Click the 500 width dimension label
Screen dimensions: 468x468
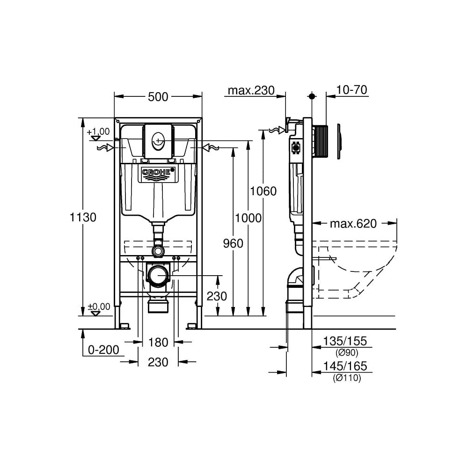pyautogui.click(x=158, y=97)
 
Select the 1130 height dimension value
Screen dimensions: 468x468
pyautogui.click(x=83, y=217)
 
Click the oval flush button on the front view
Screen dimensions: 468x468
pyautogui.click(x=158, y=141)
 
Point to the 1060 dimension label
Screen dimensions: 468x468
pyautogui.click(x=263, y=191)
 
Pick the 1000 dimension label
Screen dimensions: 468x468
pyautogui.click(x=249, y=218)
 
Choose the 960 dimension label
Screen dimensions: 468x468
pyautogui.click(x=233, y=243)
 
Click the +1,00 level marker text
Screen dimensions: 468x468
pyautogui.click(x=98, y=132)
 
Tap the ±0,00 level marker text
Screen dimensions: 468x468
pyautogui.click(x=99, y=307)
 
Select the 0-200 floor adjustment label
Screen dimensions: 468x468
pyautogui.click(x=103, y=350)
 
